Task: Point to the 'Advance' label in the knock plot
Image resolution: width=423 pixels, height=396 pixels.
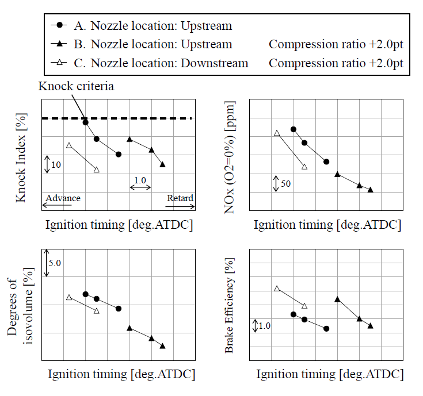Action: point(63,198)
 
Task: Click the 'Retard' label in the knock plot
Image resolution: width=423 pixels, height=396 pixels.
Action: point(180,198)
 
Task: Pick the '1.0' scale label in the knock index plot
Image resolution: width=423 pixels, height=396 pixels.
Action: point(140,180)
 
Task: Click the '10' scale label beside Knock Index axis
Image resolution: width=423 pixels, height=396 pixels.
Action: point(56,165)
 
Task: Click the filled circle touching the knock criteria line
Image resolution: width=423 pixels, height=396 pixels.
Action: point(85,122)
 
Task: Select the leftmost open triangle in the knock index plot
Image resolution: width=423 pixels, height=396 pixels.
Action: point(69,145)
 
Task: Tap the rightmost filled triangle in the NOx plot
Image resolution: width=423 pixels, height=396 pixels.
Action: point(370,190)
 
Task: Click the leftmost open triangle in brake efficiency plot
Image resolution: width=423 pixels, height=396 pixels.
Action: point(277,288)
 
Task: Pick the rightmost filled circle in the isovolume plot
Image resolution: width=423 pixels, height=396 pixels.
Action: point(119,309)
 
